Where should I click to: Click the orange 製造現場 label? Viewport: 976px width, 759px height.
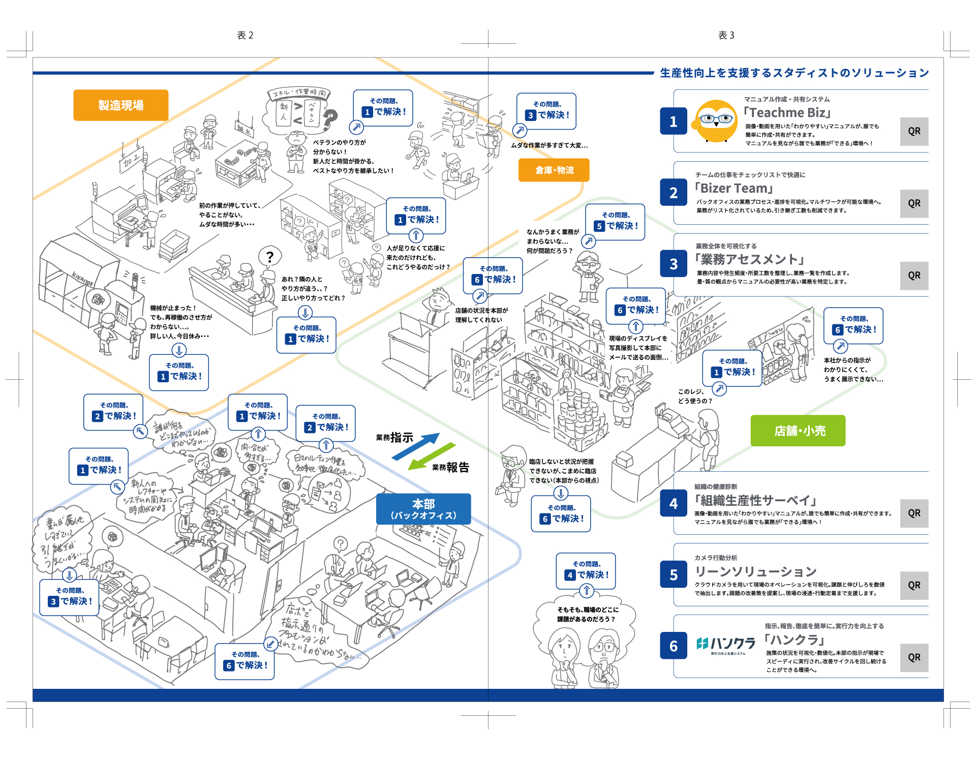pyautogui.click(x=120, y=105)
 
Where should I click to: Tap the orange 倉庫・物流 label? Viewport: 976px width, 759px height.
pyautogui.click(x=554, y=170)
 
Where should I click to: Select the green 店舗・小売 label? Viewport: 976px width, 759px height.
pyautogui.click(x=798, y=431)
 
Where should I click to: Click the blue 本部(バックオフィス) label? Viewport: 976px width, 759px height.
pyautogui.click(x=423, y=509)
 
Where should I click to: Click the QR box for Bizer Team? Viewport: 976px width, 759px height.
pyautogui.click(x=913, y=203)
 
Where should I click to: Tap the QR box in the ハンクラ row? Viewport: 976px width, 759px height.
pyautogui.click(x=913, y=657)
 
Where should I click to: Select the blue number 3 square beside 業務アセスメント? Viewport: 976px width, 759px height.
pyautogui.click(x=673, y=264)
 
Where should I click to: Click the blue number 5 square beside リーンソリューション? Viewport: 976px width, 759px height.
pyautogui.click(x=673, y=574)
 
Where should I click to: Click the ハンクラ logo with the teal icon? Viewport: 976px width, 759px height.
pyautogui.click(x=725, y=645)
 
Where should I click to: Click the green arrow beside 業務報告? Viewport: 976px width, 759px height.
pyautogui.click(x=432, y=456)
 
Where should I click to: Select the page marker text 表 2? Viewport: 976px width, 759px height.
pyautogui.click(x=245, y=35)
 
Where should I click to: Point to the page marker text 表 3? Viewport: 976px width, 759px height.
pyautogui.click(x=726, y=35)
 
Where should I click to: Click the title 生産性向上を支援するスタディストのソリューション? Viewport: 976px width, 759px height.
pyautogui.click(x=794, y=73)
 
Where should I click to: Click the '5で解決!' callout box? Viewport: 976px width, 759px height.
pyautogui.click(x=615, y=222)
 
